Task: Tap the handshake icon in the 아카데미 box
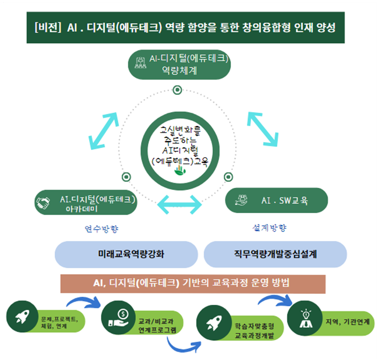[x=42, y=203]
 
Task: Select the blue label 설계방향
[x=269, y=228]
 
